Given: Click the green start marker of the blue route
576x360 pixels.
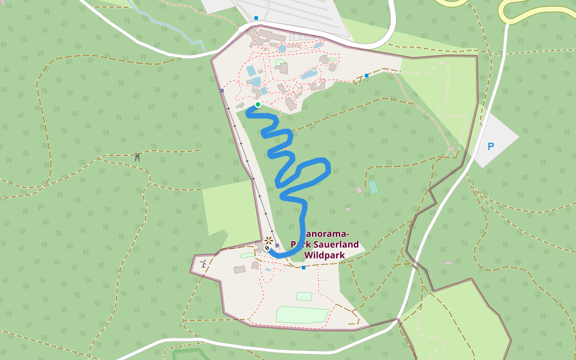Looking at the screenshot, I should click(x=258, y=104).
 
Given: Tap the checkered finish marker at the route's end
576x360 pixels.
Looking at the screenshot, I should click(x=267, y=248).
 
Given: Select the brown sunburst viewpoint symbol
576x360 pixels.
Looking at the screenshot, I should click(x=268, y=241).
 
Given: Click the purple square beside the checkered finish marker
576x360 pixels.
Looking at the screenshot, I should click(x=277, y=245).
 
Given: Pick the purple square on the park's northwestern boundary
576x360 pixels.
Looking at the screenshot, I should click(x=222, y=91).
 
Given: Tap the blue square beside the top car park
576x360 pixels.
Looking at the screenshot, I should click(x=256, y=18).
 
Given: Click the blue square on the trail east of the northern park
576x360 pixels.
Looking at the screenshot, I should click(x=367, y=76).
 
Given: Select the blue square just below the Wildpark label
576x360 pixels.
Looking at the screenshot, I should click(x=304, y=267).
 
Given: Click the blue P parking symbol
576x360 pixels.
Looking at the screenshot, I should click(x=491, y=146).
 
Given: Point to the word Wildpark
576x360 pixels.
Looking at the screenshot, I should click(x=325, y=255).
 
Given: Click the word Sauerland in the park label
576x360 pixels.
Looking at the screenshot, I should click(x=338, y=244).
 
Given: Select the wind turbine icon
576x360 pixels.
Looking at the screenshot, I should click(x=203, y=263).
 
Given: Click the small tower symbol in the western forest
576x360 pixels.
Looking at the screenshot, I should click(x=137, y=157).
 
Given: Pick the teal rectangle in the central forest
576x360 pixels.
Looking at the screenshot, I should click(x=373, y=187).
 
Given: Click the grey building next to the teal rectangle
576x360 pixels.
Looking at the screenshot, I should click(x=359, y=190).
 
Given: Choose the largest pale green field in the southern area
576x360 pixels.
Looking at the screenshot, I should click(x=302, y=314).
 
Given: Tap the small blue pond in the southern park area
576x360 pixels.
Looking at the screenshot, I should click(x=268, y=270).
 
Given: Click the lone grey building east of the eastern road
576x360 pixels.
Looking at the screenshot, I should click(x=448, y=263).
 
